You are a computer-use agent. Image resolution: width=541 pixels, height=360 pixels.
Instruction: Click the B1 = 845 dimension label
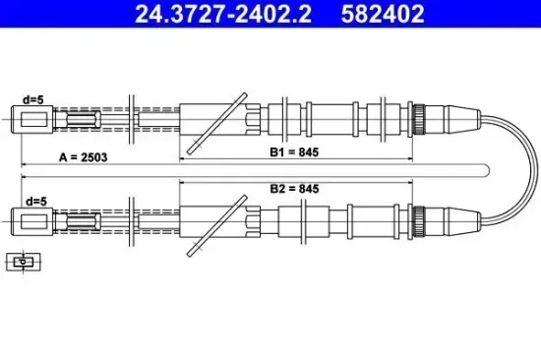294,152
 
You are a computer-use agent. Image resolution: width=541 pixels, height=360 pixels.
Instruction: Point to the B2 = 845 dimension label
294,188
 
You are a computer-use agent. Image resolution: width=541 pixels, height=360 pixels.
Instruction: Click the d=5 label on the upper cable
34,99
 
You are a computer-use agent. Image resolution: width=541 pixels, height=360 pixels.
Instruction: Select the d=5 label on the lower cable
34,202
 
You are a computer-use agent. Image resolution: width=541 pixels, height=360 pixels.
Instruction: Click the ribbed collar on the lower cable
418,216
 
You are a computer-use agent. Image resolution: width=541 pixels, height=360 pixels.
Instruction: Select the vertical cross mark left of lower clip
132,216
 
